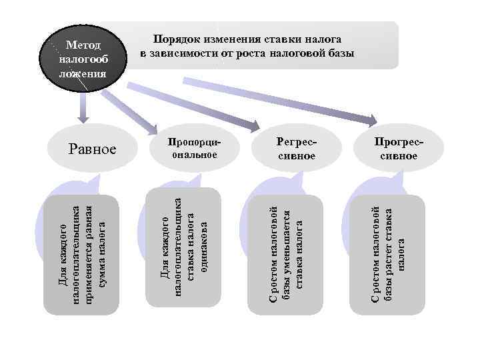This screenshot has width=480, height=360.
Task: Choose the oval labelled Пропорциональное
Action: click(x=193, y=149)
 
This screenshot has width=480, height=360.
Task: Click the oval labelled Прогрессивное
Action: click(x=399, y=149)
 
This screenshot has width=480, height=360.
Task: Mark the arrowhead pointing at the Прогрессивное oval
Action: click(x=371, y=121)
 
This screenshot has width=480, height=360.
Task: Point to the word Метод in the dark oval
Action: click(x=84, y=45)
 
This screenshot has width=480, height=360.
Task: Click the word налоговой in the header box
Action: click(x=297, y=53)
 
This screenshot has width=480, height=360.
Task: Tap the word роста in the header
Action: click(x=251, y=53)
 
